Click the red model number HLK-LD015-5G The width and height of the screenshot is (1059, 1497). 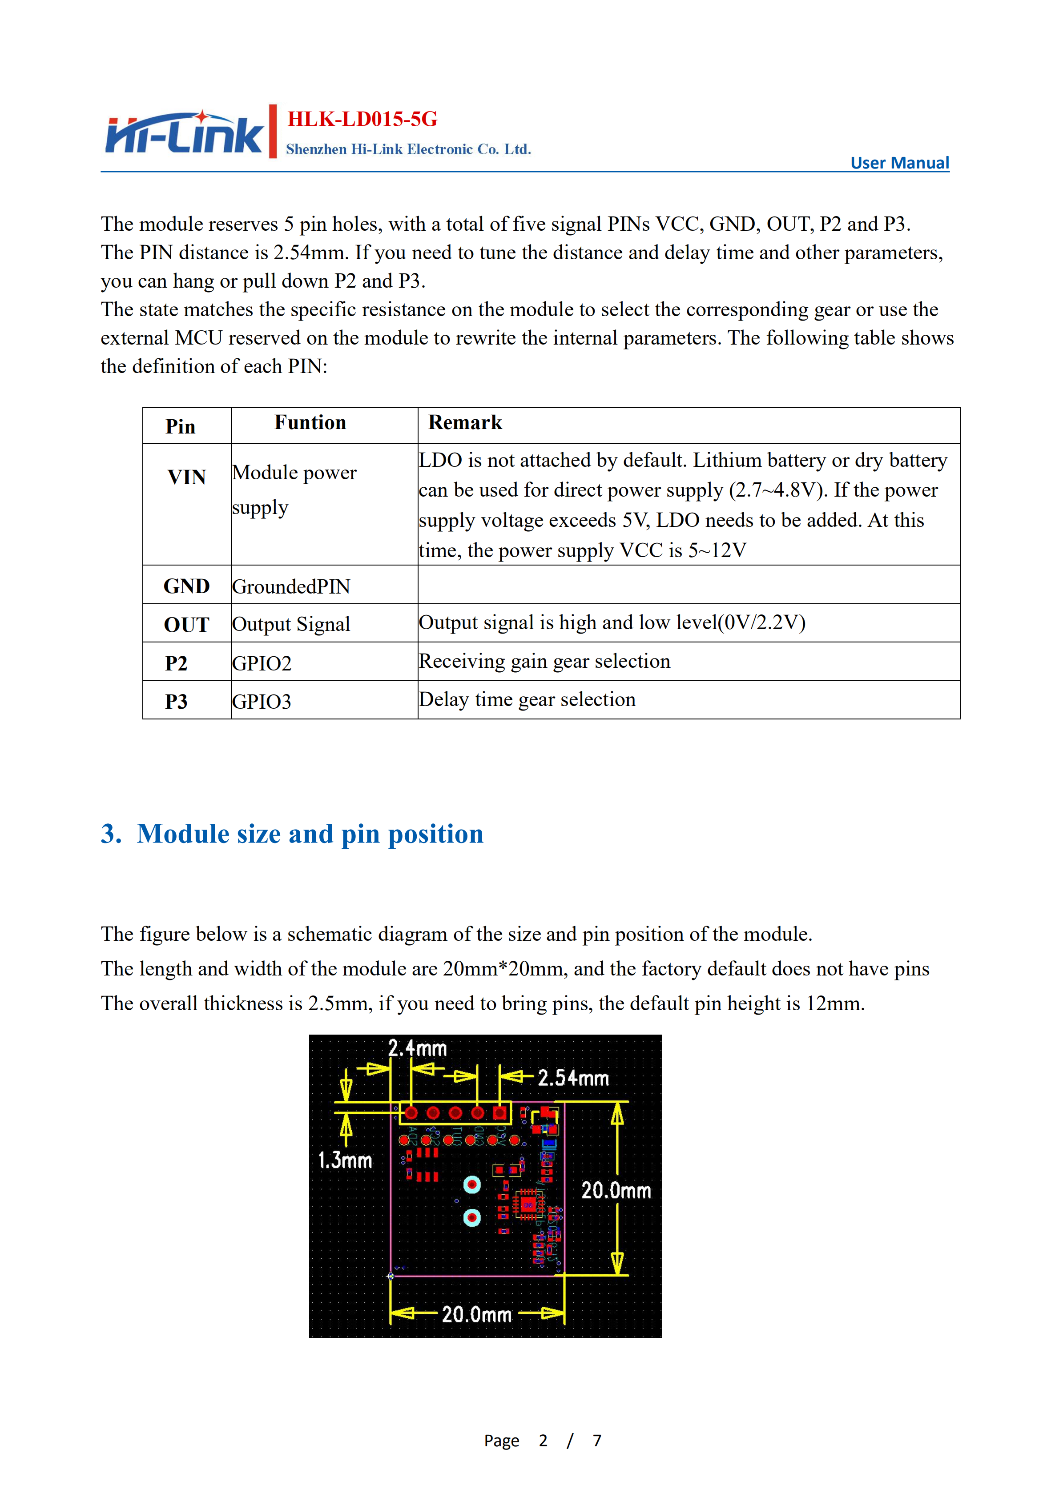362,119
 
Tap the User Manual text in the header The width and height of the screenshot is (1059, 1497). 899,163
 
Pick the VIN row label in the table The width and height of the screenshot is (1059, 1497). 186,477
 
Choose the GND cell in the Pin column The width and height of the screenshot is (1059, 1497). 186,586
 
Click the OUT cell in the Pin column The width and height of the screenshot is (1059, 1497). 186,625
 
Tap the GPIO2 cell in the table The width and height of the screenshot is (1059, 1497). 262,663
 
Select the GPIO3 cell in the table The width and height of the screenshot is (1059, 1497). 262,702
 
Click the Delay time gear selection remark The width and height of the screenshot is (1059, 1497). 527,700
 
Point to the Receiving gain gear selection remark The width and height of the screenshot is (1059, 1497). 544,661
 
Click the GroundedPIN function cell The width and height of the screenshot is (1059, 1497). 291,586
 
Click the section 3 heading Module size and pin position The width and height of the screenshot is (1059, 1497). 292,834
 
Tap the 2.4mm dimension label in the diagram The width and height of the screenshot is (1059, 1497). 417,1048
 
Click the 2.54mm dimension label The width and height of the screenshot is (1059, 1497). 573,1078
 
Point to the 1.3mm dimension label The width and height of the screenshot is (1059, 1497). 345,1160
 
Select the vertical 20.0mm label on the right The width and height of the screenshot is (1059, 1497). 616,1191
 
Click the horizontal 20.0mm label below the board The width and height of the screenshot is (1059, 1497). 477,1314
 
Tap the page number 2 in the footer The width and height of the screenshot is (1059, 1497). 543,1440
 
